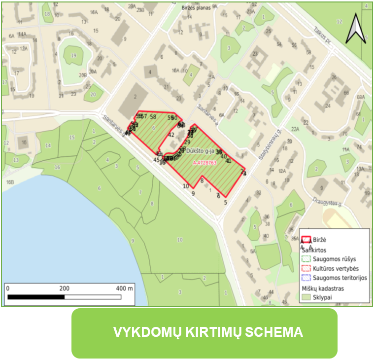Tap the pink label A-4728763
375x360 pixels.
point(205,162)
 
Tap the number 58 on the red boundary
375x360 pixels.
point(153,117)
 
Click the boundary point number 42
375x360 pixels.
point(171,135)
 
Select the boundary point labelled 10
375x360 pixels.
point(186,186)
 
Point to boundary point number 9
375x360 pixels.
point(193,193)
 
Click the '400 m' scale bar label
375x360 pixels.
point(124,288)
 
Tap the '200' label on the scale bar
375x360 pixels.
point(65,288)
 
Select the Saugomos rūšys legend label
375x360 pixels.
point(335,259)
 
